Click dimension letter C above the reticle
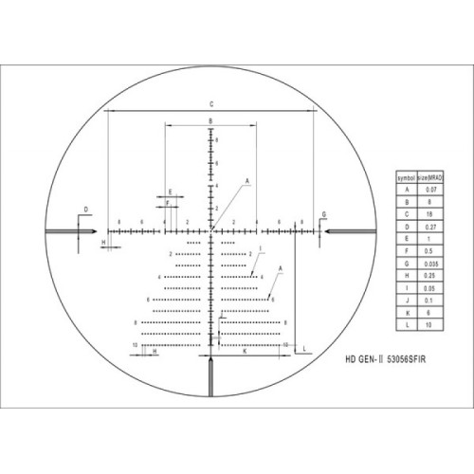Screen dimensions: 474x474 [x=210, y=104]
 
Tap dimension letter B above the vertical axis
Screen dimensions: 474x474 [x=210, y=121]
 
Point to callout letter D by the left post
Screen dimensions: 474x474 [x=84, y=209]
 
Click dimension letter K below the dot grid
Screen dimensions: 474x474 [x=245, y=351]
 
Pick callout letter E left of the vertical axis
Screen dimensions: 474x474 [x=170, y=191]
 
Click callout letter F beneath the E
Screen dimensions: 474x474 [x=167, y=203]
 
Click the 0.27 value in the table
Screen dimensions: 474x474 [x=424, y=226]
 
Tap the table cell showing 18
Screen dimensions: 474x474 [x=424, y=214]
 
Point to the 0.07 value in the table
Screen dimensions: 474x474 [x=424, y=191]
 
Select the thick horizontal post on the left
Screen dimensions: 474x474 [x=68, y=230]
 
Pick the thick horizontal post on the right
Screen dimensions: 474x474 [x=353, y=230]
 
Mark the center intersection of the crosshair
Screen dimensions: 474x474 [x=210, y=230]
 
